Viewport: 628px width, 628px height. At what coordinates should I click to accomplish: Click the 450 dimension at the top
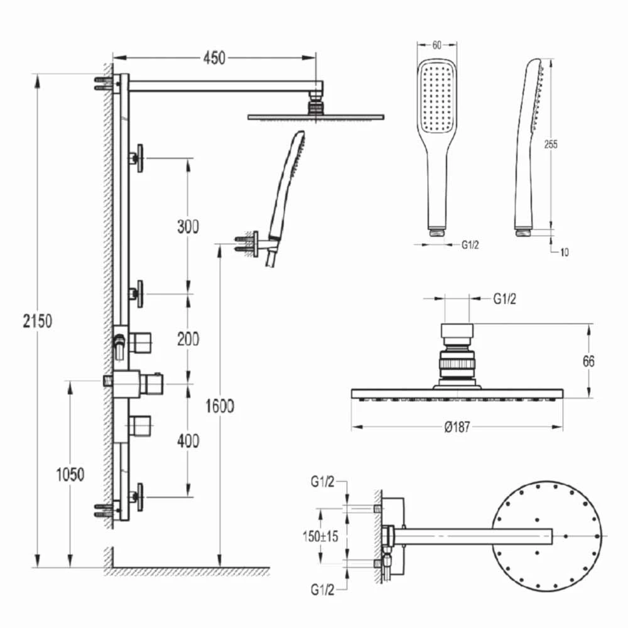pyautogui.click(x=214, y=58)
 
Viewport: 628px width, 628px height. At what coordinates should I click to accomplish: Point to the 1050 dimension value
pyautogui.click(x=69, y=474)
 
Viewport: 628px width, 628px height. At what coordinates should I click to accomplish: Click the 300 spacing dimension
pyautogui.click(x=187, y=226)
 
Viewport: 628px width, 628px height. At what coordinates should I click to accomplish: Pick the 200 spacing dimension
pyautogui.click(x=187, y=339)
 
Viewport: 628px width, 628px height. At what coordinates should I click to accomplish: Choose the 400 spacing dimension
pyautogui.click(x=187, y=441)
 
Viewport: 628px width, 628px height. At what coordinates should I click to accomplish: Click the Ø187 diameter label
pyautogui.click(x=457, y=427)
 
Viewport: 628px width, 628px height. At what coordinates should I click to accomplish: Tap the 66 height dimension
pyautogui.click(x=588, y=361)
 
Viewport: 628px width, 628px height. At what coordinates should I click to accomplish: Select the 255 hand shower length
pyautogui.click(x=550, y=144)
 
